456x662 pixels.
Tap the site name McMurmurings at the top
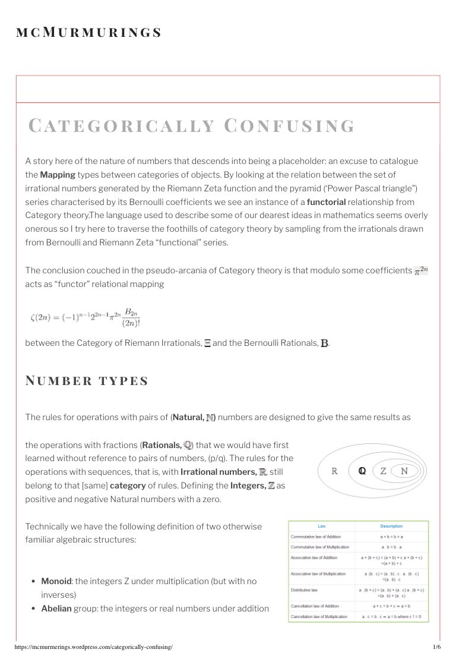point(89,33)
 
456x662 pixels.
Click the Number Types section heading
point(87,380)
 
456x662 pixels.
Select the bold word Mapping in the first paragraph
point(58,175)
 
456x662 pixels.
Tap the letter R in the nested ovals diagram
point(334,471)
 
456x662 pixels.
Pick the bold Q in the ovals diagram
point(362,471)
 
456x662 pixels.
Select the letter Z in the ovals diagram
point(384,471)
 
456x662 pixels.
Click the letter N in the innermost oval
point(404,471)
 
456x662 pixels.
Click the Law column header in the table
point(322,526)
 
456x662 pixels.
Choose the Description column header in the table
point(391,526)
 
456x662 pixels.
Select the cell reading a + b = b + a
point(391,537)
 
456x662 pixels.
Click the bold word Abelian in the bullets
point(56,609)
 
